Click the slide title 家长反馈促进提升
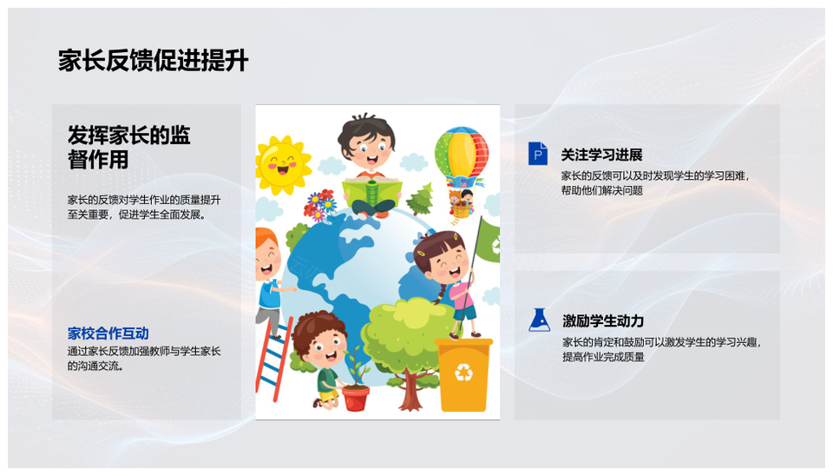click(153, 61)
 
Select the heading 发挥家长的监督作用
click(128, 148)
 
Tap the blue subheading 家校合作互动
click(108, 334)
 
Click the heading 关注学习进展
click(601, 155)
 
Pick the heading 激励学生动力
click(603, 321)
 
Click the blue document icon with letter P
click(538, 153)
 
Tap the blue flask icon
click(539, 320)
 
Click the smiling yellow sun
click(283, 164)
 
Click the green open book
click(372, 191)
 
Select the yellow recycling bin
click(463, 374)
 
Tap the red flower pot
click(356, 398)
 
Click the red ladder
click(273, 359)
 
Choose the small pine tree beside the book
click(421, 199)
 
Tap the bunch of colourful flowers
click(318, 205)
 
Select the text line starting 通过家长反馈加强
click(143, 351)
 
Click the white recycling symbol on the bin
click(463, 372)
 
